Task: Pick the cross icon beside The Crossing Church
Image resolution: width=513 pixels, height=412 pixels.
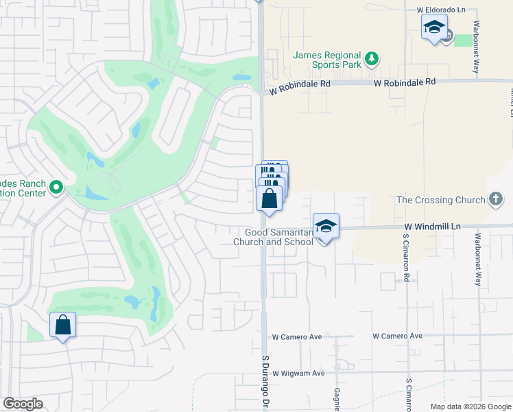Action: [x=495, y=200]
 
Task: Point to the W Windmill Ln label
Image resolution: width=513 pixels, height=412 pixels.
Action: [x=431, y=226]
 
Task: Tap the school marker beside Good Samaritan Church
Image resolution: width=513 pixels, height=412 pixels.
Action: [x=326, y=226]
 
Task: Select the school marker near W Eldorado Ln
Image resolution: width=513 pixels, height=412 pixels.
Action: [x=433, y=28]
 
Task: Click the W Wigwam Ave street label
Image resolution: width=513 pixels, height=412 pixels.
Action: [x=298, y=374]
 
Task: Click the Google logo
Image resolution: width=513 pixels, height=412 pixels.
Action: [x=23, y=404]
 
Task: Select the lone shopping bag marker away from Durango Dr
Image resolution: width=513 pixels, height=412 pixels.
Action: [x=62, y=325]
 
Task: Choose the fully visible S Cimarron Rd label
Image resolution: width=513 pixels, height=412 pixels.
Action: [x=406, y=261]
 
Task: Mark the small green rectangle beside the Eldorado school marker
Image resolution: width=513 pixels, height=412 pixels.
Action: [x=464, y=40]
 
